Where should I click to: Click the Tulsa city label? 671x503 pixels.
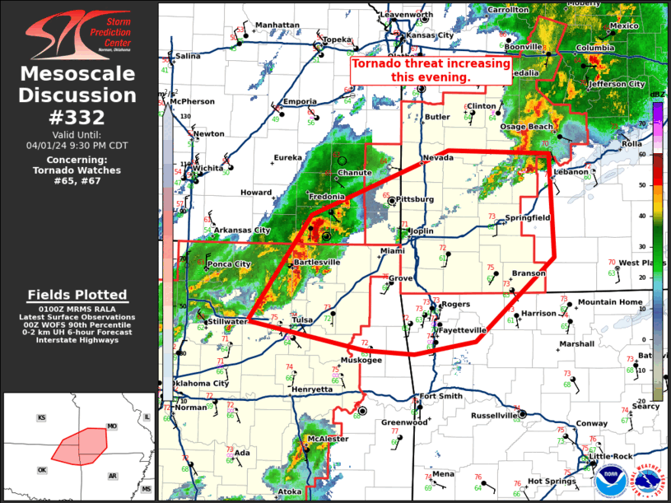303,320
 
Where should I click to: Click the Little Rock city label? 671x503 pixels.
612,456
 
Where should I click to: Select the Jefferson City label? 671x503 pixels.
615,84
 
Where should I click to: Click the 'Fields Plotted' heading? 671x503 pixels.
77,295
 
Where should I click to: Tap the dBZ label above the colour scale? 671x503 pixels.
657,95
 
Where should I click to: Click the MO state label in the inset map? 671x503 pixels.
112,426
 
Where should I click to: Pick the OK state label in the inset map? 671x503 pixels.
42,470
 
